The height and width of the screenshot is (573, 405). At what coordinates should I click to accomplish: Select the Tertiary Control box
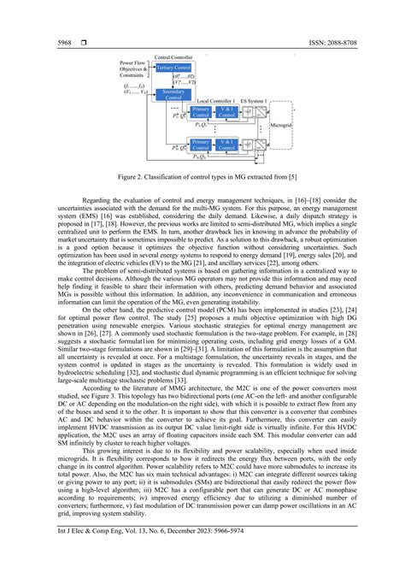point(173,66)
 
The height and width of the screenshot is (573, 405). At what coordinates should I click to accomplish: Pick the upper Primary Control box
point(201,111)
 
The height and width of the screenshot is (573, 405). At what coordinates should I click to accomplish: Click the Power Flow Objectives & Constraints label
point(132,69)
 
